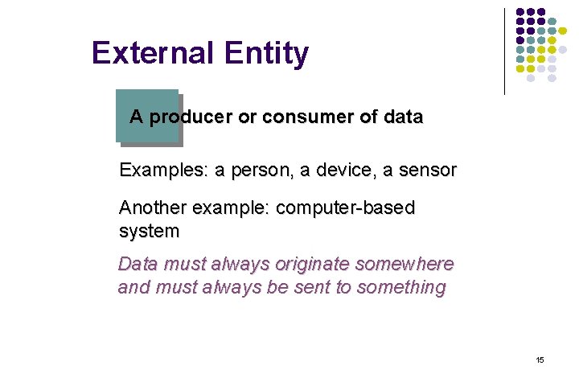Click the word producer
point(191,117)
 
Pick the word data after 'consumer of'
point(403,117)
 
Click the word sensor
point(428,170)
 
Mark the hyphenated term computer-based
point(345,208)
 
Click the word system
point(149,232)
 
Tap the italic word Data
point(138,264)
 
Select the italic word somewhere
point(406,264)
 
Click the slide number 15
point(540,359)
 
